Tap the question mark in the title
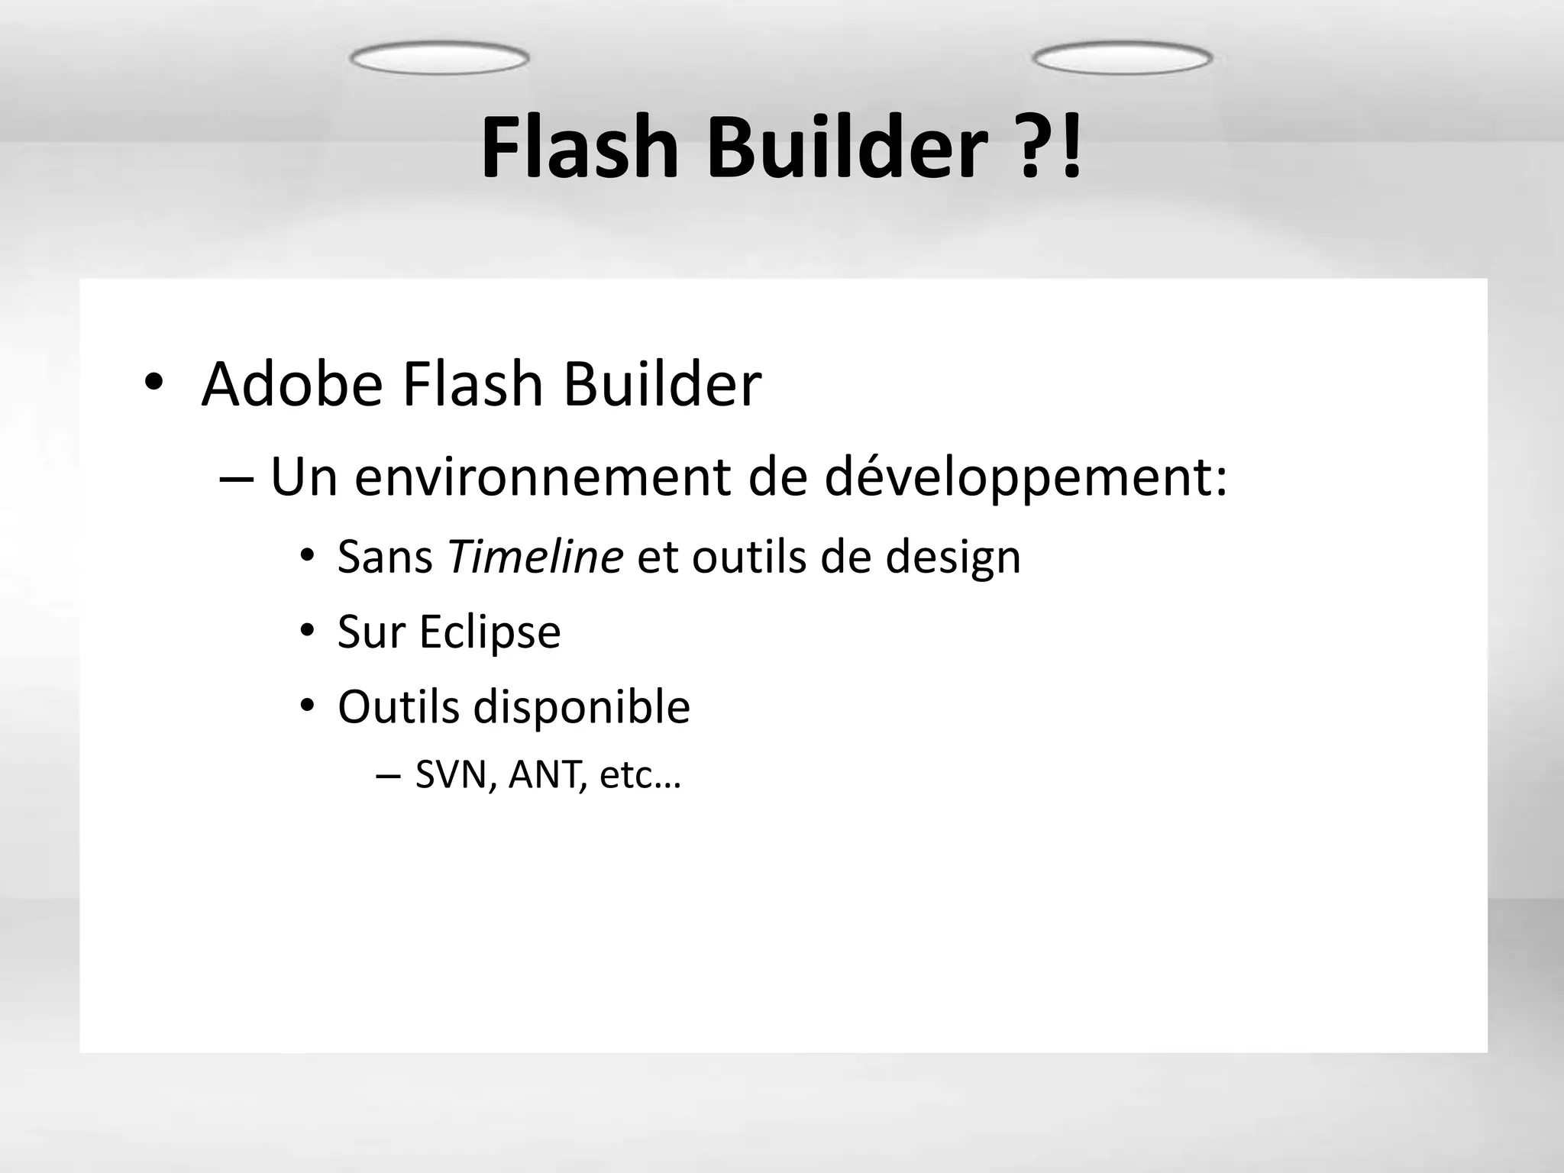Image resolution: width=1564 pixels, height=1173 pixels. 1033,149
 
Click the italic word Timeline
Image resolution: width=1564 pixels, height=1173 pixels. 535,556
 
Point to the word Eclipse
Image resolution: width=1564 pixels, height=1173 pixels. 490,632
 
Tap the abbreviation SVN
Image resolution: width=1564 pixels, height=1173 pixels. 456,775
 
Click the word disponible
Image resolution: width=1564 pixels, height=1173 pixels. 581,707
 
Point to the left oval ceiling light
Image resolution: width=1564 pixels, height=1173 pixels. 439,59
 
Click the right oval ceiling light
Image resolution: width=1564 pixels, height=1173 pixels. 1122,59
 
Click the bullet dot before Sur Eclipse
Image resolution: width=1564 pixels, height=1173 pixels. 307,631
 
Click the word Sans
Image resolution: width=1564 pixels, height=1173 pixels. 385,556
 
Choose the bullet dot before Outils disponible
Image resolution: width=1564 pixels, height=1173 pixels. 307,706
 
